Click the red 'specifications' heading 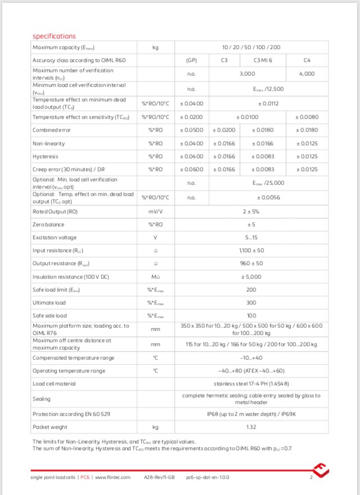tap(54, 37)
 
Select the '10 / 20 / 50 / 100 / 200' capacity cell tap(251, 48)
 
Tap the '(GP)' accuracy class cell tap(191, 59)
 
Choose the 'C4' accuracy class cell tap(306, 59)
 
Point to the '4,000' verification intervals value tap(307, 74)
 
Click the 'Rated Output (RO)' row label tap(55, 211)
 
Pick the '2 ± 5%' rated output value tap(251, 211)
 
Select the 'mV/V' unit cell tap(155, 211)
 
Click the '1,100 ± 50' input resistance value tap(251, 250)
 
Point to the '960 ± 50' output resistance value tap(251, 263)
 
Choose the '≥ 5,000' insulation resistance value tap(251, 276)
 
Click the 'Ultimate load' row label tap(49, 302)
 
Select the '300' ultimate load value tap(251, 302)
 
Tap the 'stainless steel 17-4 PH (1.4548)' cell tap(251, 384)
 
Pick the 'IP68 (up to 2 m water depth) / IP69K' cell tap(251, 414)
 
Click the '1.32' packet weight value tap(251, 427)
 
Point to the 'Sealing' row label tap(42, 399)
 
